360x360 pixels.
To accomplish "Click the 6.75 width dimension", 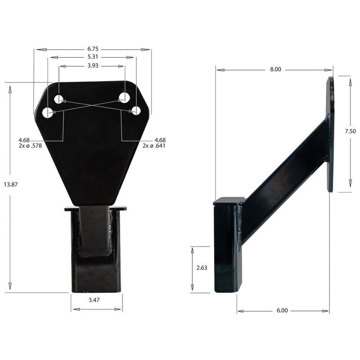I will coord(93,49).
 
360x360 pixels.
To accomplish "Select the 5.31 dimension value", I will coord(93,57).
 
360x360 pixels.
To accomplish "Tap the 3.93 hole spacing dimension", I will coord(93,66).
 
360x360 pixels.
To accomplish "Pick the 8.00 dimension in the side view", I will coord(275,69).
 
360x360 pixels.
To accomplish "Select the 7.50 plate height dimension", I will coord(350,131).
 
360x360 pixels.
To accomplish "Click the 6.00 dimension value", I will coord(282,311).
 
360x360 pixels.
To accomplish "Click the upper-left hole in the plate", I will coord(59,99).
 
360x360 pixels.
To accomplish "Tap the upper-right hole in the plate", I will coord(125,97).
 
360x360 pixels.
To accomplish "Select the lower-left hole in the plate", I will coord(47,112).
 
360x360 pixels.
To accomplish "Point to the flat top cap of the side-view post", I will coord(229,201).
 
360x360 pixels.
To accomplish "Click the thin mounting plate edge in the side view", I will coord(331,135).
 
